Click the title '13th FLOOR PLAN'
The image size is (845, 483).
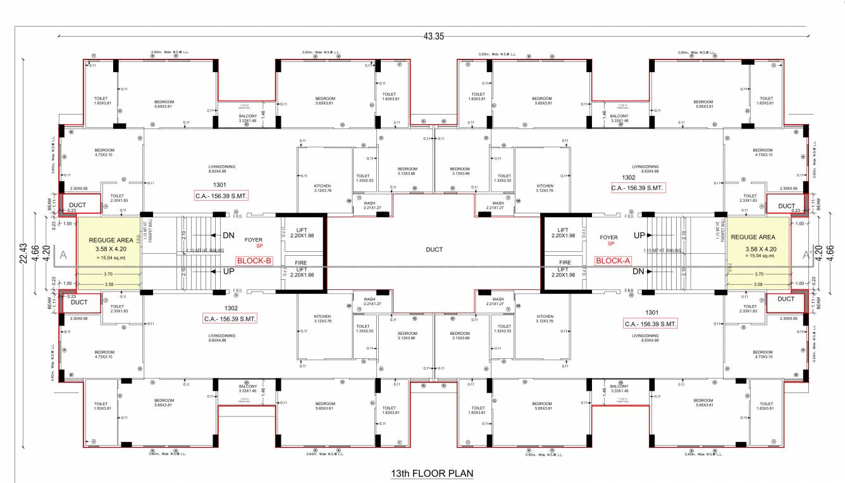click(432, 473)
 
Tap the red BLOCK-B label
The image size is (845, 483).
click(254, 260)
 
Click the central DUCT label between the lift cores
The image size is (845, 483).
click(434, 249)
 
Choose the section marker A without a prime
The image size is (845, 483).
click(63, 254)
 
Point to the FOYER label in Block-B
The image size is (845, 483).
click(254, 239)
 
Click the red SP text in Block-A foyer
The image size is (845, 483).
click(611, 244)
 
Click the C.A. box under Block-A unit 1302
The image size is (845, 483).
click(638, 188)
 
